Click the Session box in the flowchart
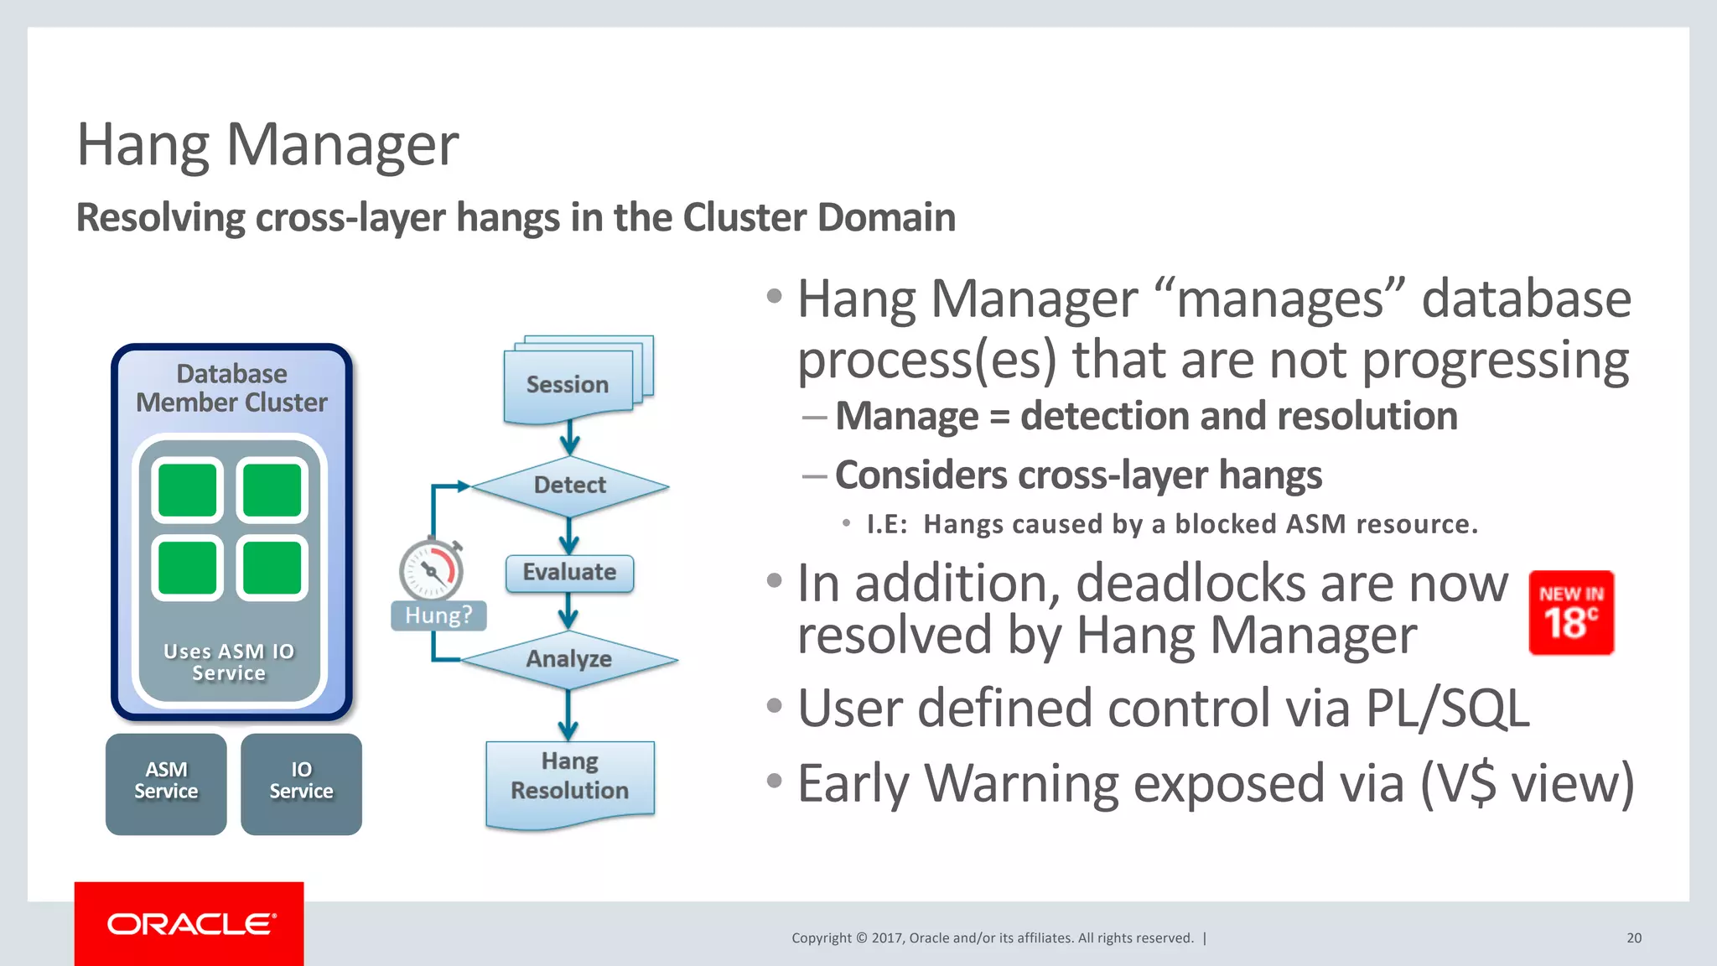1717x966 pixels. pyautogui.click(x=568, y=385)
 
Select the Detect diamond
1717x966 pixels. pyautogui.click(x=570, y=486)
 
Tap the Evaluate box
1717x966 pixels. pyautogui.click(x=569, y=573)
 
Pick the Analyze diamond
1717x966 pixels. pyautogui.click(x=569, y=659)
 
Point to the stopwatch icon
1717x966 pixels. pyautogui.click(x=431, y=569)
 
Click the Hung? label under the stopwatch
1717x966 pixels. pyautogui.click(x=438, y=615)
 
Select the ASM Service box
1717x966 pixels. pyautogui.click(x=166, y=782)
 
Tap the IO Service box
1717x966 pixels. pyautogui.click(x=301, y=782)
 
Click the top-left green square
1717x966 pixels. pyautogui.click(x=187, y=490)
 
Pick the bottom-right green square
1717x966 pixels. pyautogui.click(x=272, y=568)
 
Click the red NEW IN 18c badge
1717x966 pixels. pyautogui.click(x=1571, y=613)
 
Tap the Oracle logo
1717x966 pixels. pyautogui.click(x=190, y=924)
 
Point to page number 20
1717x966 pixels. pyautogui.click(x=1634, y=938)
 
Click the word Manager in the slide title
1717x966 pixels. pyautogui.click(x=342, y=145)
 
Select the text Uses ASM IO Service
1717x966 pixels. pyautogui.click(x=229, y=662)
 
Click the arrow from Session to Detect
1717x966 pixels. pyautogui.click(x=570, y=436)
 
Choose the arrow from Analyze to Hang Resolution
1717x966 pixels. pyautogui.click(x=568, y=714)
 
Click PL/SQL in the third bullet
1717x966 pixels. pyautogui.click(x=1447, y=709)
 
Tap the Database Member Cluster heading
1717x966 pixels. pyautogui.click(x=231, y=388)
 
